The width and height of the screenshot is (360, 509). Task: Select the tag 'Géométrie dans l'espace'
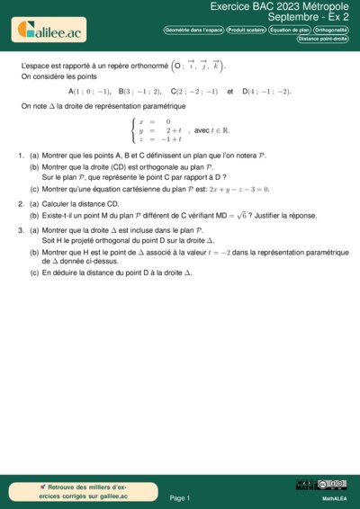[x=193, y=30]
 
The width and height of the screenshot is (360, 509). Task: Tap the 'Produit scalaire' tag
[x=246, y=30]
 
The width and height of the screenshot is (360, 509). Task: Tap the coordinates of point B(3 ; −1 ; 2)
[x=139, y=92]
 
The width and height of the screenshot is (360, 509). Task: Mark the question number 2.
[x=21, y=204]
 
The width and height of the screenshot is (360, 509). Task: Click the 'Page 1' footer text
[x=180, y=497]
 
